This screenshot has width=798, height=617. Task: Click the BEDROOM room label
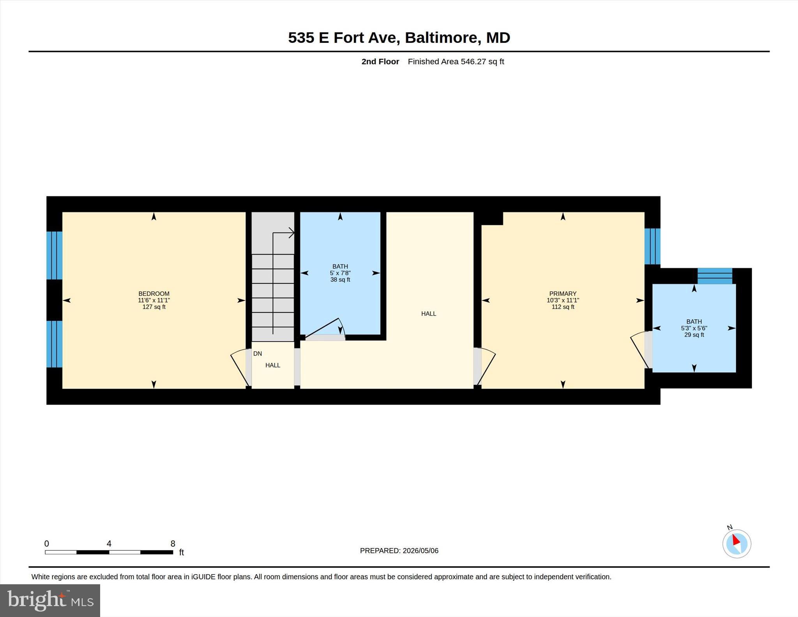point(154,293)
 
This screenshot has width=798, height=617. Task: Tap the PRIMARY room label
point(563,293)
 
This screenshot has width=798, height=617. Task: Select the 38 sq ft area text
point(340,279)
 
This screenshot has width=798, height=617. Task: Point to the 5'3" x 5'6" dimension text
point(694,328)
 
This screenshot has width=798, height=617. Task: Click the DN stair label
point(258,354)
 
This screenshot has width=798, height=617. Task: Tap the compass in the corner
point(736,543)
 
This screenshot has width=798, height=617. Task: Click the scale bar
point(109,552)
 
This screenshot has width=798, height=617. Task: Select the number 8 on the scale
point(173,543)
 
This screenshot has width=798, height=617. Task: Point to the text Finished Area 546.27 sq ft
point(456,62)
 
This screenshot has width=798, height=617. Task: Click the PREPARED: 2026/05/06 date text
point(399,551)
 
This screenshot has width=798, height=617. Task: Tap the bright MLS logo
point(50,600)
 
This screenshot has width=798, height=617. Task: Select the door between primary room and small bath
point(641,350)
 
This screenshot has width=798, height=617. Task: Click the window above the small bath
point(715,276)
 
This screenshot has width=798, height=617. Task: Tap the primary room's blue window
point(652,246)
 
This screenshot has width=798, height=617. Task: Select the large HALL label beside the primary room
point(429,313)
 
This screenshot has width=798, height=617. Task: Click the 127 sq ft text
point(154,307)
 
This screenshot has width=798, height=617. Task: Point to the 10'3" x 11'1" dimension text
point(563,300)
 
